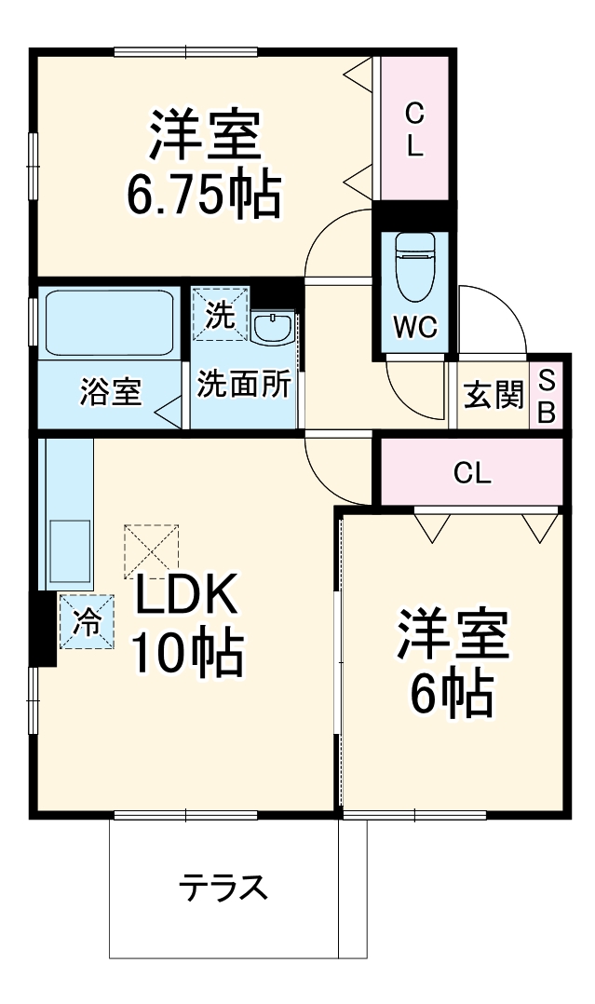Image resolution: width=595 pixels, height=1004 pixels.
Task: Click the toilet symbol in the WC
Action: (414, 265)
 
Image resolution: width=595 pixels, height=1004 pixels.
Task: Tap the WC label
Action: (414, 327)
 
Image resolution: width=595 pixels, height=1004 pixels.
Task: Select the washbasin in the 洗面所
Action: (274, 329)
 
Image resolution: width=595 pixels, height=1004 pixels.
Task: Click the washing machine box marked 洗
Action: (221, 314)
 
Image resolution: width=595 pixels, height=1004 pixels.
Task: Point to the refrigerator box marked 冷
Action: (88, 621)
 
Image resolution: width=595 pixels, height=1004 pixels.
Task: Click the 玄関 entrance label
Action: (494, 395)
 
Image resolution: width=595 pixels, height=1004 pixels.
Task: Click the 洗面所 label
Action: (243, 384)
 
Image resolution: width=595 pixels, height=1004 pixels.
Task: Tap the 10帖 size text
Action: (187, 654)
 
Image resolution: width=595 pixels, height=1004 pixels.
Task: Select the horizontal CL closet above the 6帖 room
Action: (472, 471)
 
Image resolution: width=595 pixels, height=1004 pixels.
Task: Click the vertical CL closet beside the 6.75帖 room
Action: (414, 129)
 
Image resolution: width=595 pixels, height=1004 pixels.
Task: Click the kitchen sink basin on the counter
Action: (70, 550)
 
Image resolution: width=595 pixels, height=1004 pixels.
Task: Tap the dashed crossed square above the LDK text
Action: (152, 550)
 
